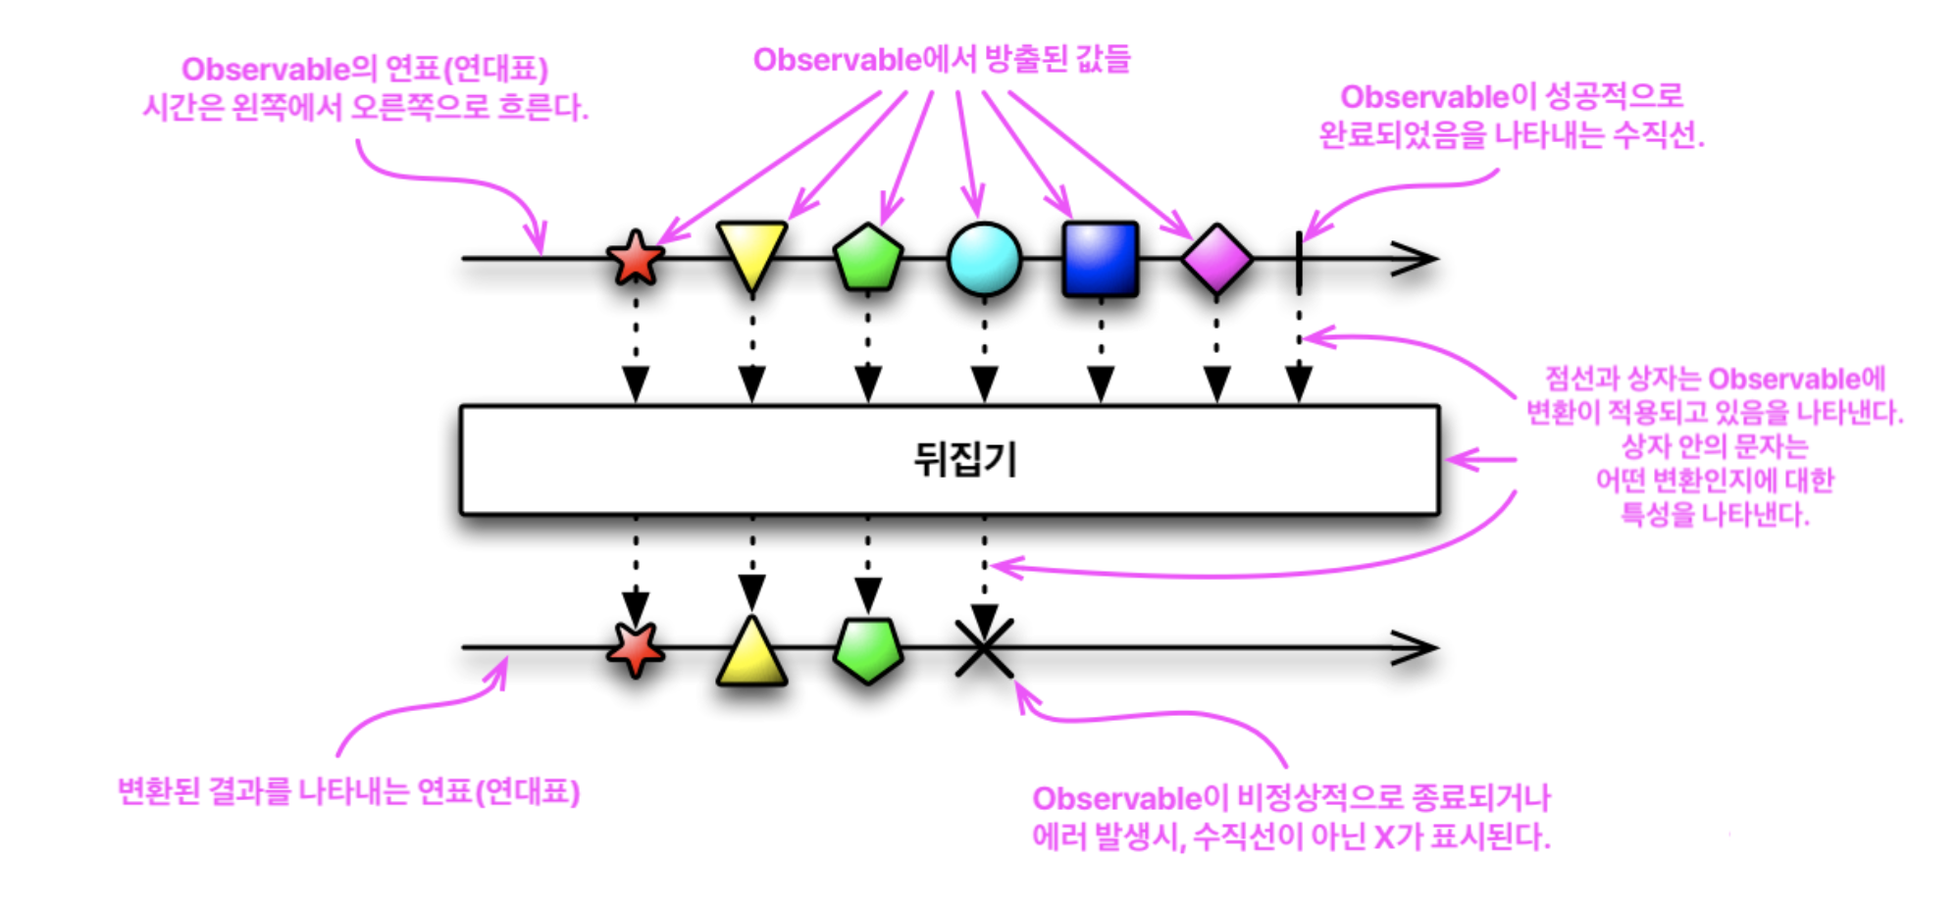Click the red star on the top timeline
point(636,258)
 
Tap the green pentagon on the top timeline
point(868,258)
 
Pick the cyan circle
point(984,259)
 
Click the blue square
point(1101,259)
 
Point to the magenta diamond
point(1216,259)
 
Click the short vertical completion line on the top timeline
point(1299,262)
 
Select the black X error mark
point(984,647)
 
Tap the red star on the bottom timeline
point(636,648)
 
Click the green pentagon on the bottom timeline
point(868,649)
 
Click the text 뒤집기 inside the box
point(965,459)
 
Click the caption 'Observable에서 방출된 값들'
point(942,60)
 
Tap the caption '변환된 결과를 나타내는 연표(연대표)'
point(348,791)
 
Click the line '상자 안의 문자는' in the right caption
point(1715,446)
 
